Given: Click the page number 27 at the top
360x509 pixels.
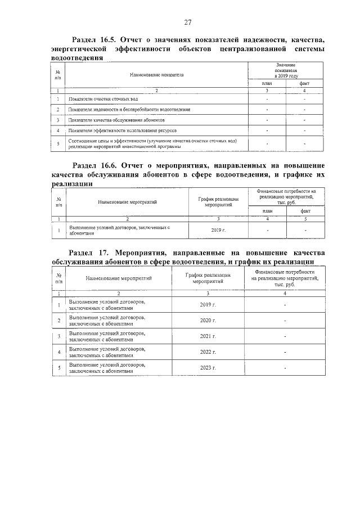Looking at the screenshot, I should click(188, 22).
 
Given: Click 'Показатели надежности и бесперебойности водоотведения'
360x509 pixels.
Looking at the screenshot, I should click(129, 110).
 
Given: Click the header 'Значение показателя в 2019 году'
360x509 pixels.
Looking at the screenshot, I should click(286, 70).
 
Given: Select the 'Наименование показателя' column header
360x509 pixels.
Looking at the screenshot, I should click(157, 74).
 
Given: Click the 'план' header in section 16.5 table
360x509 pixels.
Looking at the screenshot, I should click(267, 83).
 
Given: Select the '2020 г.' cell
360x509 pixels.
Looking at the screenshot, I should click(208, 320).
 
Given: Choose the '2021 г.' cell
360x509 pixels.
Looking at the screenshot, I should click(208, 336).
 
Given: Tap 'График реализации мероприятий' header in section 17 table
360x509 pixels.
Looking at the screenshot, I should click(208, 277).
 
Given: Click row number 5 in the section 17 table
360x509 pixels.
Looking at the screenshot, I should click(59, 368).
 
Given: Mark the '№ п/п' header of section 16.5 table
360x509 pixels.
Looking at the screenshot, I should click(58, 74).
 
